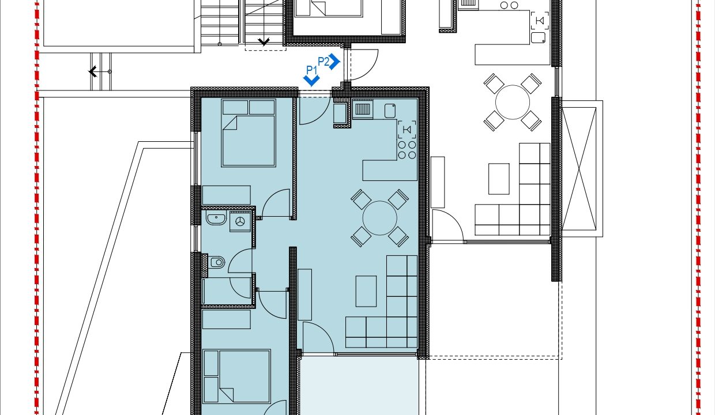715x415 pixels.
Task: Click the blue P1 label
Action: tap(311, 70)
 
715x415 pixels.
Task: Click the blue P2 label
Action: tap(323, 61)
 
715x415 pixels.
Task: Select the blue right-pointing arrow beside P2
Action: tap(335, 61)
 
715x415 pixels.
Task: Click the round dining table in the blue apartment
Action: tap(380, 218)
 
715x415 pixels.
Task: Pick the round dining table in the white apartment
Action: tap(513, 102)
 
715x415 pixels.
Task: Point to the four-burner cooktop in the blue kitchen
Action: tap(407, 150)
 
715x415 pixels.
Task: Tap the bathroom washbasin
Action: tap(216, 218)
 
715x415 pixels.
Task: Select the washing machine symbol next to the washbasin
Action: tap(240, 221)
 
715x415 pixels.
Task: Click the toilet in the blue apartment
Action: tap(217, 262)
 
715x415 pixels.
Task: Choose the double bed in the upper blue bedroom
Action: tap(249, 133)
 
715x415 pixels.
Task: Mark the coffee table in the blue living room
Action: tap(366, 291)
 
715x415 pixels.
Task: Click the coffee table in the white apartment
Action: tap(499, 179)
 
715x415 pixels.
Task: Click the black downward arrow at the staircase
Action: tap(264, 41)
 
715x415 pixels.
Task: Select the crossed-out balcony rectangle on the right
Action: tap(579, 169)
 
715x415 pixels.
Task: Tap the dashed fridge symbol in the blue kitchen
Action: tap(407, 130)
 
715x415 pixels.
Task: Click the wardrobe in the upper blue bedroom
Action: tap(226, 195)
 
